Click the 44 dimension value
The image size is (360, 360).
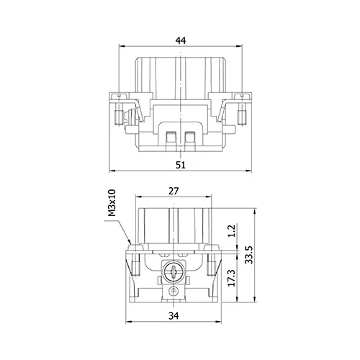181,40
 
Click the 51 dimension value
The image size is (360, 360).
181,165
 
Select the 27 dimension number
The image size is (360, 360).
174,192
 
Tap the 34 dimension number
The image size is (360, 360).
174,316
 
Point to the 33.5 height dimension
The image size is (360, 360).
249,255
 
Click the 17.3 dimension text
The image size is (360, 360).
232,278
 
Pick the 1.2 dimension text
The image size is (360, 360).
232,231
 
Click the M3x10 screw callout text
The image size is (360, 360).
112,203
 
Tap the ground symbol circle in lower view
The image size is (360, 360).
174,291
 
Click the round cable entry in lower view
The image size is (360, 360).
174,272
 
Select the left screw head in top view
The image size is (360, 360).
119,96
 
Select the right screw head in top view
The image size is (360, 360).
242,96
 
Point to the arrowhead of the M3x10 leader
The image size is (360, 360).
130,241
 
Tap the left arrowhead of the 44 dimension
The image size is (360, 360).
122,46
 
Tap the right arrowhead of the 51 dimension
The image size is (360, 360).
248,171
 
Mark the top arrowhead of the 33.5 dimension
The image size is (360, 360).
255,212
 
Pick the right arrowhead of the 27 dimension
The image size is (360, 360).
209,197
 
